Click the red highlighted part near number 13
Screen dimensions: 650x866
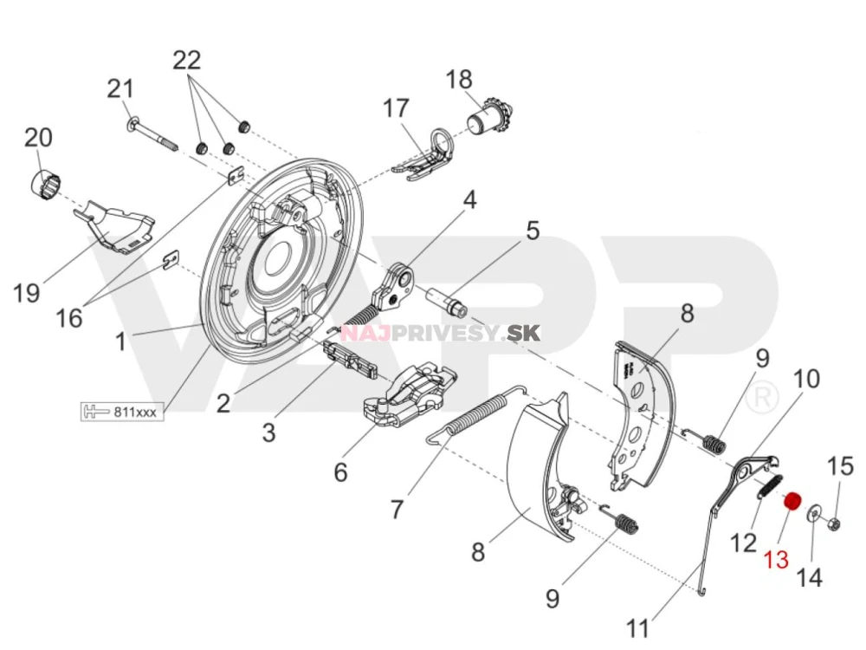(791, 502)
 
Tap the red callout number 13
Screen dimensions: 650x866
(776, 560)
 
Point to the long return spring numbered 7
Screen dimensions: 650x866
(475, 416)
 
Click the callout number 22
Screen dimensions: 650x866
(186, 60)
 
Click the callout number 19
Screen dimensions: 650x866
(27, 293)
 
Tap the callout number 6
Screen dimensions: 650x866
(339, 472)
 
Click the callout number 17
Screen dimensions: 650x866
(396, 108)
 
